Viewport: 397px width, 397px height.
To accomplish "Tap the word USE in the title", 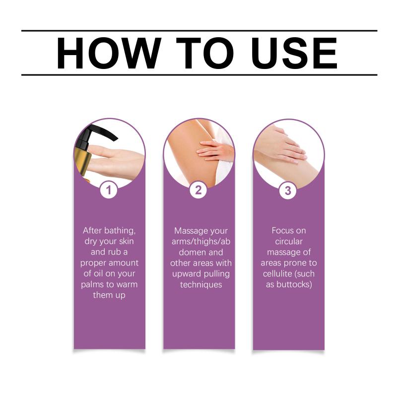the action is tap(294, 53).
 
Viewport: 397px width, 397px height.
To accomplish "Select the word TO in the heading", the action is tap(205, 53).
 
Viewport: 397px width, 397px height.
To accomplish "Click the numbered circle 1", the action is tap(109, 190).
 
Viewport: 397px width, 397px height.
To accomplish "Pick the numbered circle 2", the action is tap(198, 190).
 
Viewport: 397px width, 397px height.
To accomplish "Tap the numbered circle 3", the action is tap(288, 191).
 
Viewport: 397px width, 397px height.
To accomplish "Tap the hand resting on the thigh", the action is tap(214, 151).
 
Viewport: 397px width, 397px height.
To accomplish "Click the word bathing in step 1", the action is tap(120, 231).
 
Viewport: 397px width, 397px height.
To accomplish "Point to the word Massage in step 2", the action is tap(190, 231).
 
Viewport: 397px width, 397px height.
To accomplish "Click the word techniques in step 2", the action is tap(201, 284).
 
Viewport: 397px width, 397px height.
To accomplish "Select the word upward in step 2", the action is tap(187, 274).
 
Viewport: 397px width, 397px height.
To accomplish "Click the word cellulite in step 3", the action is tap(278, 274).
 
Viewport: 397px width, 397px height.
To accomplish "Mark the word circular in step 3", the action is tap(289, 241).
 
